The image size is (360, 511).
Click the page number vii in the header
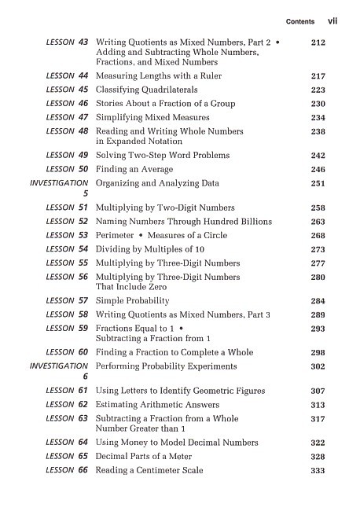coord(332,21)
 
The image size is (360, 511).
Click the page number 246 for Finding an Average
coord(318,169)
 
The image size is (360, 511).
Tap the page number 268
coord(318,235)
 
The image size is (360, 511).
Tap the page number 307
coord(318,391)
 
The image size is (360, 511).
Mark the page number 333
coord(318,470)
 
